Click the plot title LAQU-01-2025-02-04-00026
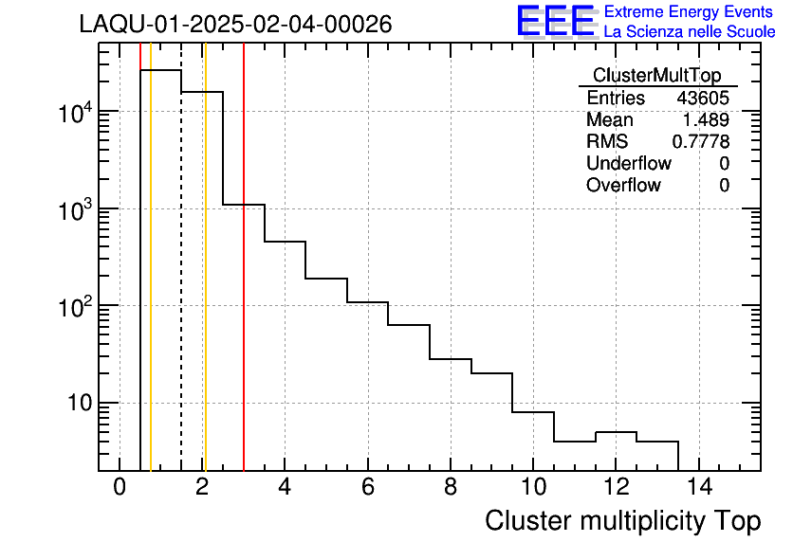(235, 24)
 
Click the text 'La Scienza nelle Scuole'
(690, 31)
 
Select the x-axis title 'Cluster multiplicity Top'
(622, 520)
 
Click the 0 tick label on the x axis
(120, 487)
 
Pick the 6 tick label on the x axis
(367, 487)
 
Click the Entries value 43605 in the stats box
(703, 99)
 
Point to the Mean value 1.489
(706, 120)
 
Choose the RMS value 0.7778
(700, 141)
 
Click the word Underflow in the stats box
(628, 163)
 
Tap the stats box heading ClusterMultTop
(656, 76)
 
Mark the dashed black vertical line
(181, 284)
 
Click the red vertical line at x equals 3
(244, 284)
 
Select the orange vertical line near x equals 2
(205, 284)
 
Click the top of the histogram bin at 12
(616, 432)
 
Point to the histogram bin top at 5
(326, 279)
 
